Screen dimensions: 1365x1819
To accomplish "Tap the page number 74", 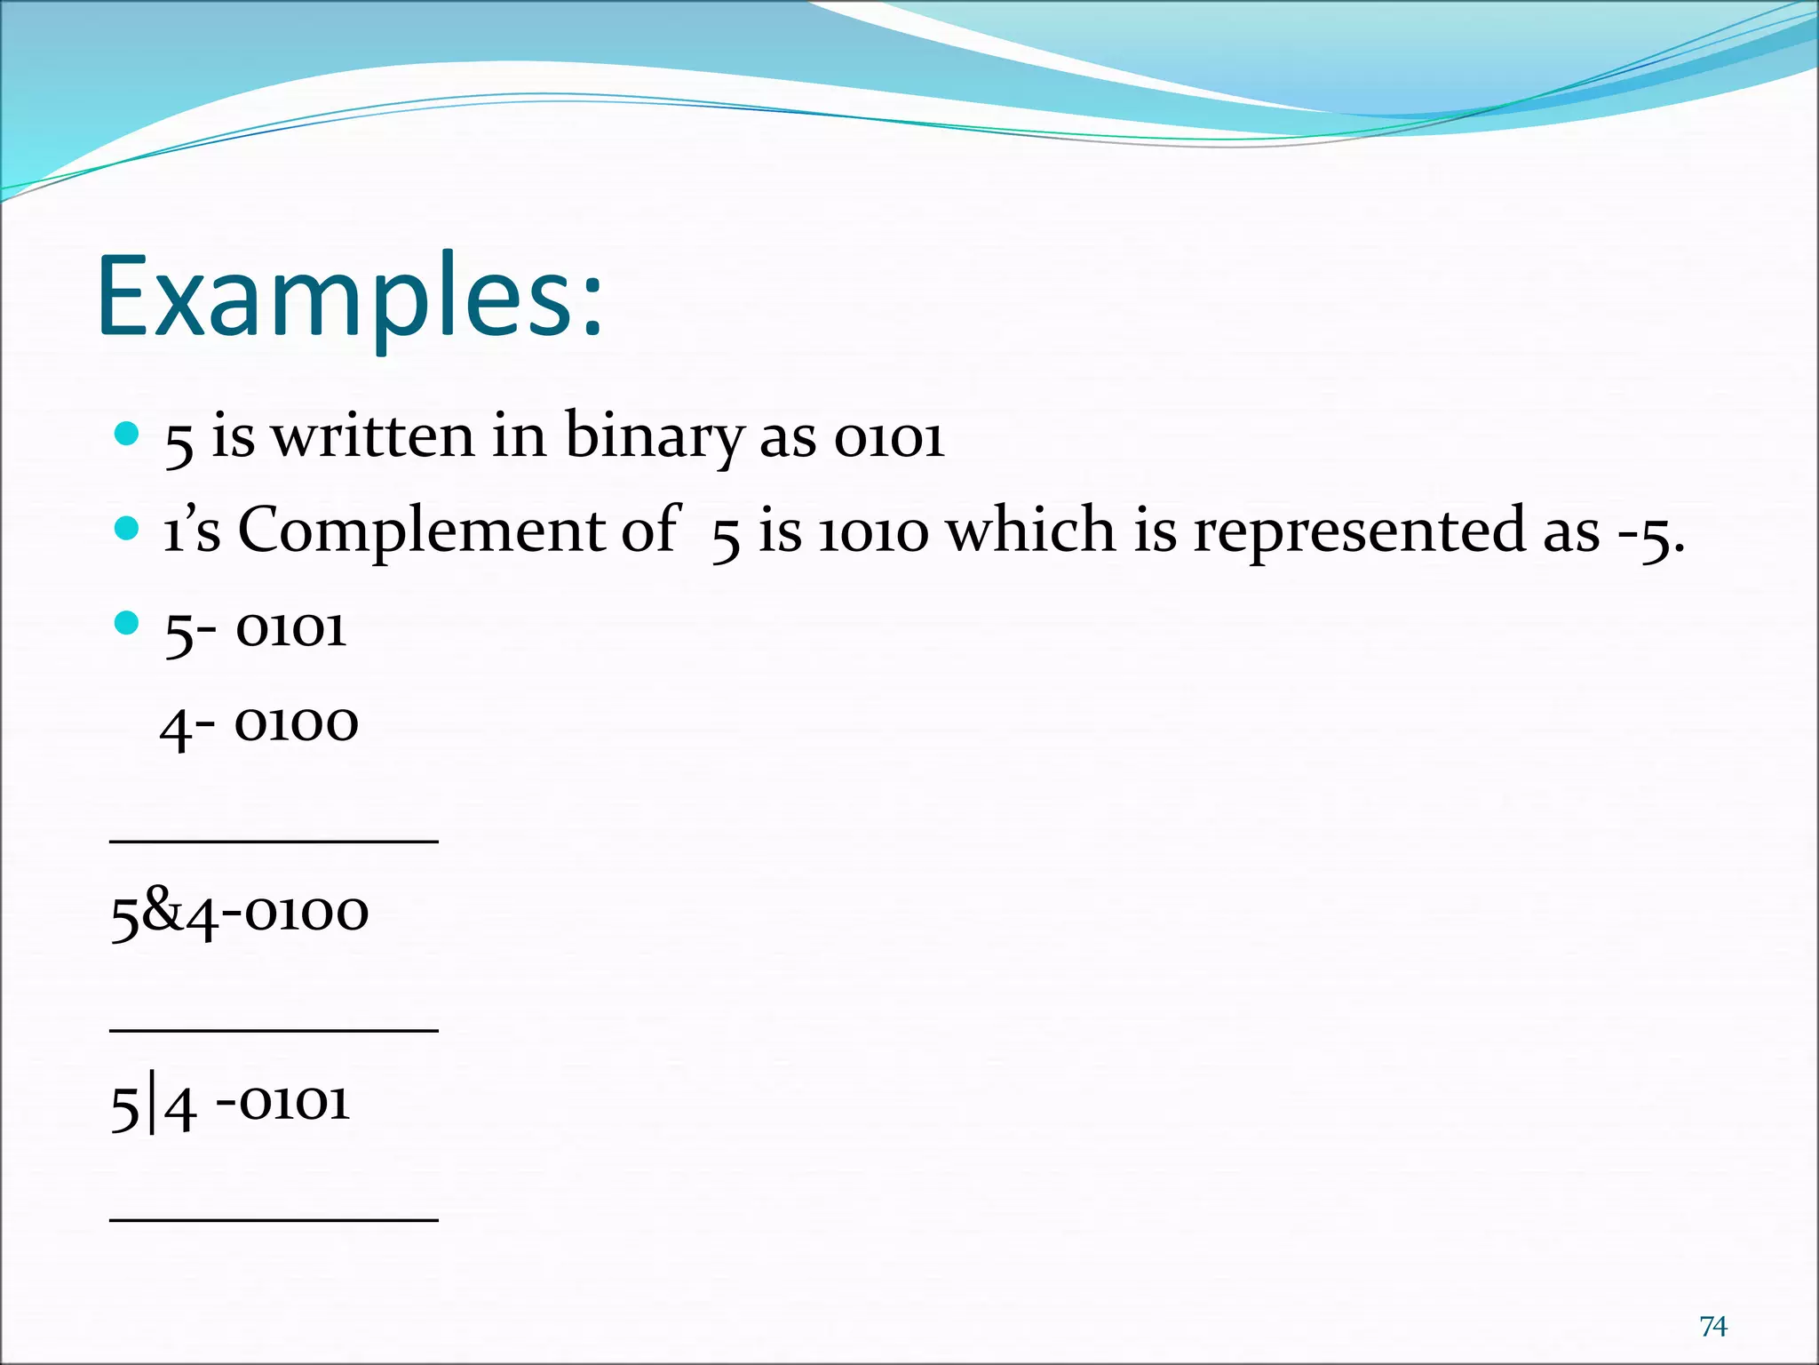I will click(1712, 1326).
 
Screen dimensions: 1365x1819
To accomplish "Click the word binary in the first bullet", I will click(654, 437).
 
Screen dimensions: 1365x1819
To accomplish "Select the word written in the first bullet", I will click(373, 437).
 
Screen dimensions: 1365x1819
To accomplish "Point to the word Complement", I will click(421, 531).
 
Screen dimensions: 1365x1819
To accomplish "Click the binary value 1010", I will click(873, 532).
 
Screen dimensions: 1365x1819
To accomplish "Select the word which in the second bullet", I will click(1029, 531).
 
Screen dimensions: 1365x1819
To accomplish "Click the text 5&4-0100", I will click(239, 914).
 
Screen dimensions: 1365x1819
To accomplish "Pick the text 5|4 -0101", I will click(230, 1105).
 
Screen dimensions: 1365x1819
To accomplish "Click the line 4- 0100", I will click(259, 725).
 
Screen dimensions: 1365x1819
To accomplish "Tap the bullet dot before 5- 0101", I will click(127, 623).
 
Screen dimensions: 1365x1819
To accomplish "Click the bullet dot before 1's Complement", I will click(127, 529).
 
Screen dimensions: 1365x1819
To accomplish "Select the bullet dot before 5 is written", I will click(127, 434).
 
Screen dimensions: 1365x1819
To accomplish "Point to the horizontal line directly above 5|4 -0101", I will click(274, 1030).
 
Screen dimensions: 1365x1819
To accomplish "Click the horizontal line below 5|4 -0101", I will click(274, 1220).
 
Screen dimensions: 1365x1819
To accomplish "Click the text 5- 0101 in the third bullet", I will click(255, 630).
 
